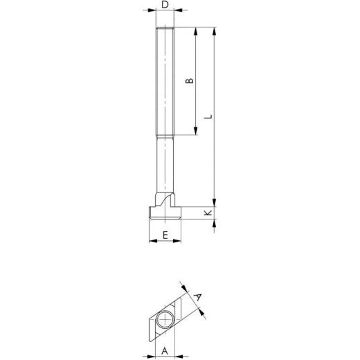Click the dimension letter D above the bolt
(x=163, y=5)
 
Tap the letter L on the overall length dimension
(x=208, y=118)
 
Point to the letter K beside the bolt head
(x=208, y=214)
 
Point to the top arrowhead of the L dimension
(x=215, y=31)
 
